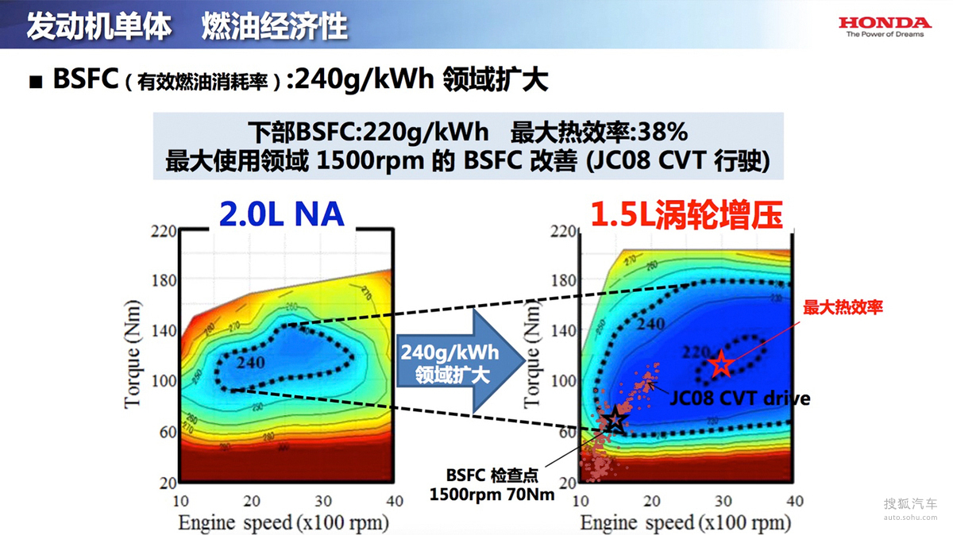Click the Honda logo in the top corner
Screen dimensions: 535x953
click(885, 26)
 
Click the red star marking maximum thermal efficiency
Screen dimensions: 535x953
click(721, 364)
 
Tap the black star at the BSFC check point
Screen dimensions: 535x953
click(614, 421)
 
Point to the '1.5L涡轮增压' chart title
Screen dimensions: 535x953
click(686, 215)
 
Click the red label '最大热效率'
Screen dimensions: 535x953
click(843, 307)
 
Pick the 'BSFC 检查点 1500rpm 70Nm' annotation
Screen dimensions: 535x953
click(492, 484)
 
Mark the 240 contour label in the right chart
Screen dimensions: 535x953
click(650, 324)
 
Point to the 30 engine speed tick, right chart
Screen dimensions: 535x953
click(723, 501)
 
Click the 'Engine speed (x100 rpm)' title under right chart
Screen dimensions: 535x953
click(685, 523)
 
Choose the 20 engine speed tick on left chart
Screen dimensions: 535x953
click(252, 501)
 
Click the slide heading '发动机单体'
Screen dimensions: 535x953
click(98, 25)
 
